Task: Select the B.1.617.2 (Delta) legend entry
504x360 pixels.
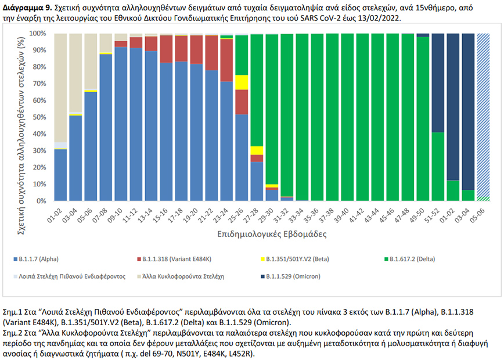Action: (412, 258)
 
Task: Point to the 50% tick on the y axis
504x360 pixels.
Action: (41, 117)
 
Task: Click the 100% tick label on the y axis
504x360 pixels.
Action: (38, 34)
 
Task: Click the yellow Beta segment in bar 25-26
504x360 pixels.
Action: (241, 82)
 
